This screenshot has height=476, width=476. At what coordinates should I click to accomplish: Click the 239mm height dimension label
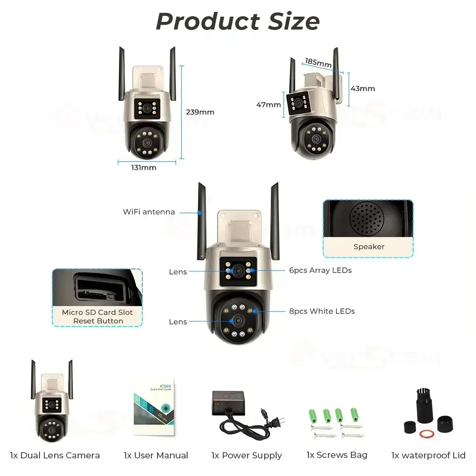[200, 112]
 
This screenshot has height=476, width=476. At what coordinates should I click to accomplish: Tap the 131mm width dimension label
[144, 168]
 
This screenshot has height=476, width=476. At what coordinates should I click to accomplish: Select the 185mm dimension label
[318, 62]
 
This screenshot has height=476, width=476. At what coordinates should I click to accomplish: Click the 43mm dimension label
[363, 89]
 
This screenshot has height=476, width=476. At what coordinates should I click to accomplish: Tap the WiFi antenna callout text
[149, 212]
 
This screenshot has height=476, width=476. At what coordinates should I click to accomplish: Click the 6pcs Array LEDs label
[320, 270]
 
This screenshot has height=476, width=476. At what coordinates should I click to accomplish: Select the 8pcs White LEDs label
[322, 311]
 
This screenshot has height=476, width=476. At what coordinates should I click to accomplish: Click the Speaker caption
[369, 247]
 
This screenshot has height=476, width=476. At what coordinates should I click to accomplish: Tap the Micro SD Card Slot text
[98, 312]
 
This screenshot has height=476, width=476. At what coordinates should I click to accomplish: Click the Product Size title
[238, 21]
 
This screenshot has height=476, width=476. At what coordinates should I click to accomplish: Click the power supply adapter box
[228, 402]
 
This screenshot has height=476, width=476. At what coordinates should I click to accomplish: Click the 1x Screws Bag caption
[337, 455]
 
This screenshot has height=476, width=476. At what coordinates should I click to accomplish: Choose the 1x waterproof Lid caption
[428, 456]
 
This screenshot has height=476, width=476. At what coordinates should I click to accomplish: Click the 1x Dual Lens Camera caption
[55, 456]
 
